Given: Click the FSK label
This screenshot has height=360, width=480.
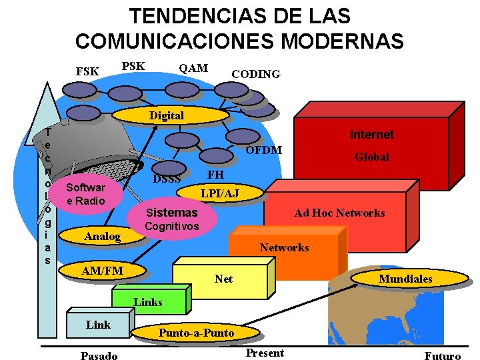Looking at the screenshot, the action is (x=87, y=71).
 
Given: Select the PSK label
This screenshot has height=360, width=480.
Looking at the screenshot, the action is (x=133, y=66).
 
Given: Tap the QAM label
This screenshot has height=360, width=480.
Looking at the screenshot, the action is (x=193, y=67).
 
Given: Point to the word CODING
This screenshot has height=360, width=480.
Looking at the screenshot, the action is (x=255, y=74).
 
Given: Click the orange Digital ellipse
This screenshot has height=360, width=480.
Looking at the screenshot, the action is (x=167, y=115).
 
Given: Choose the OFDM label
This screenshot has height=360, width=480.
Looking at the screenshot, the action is (x=263, y=149).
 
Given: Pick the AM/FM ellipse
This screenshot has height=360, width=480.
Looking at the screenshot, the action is (x=102, y=271).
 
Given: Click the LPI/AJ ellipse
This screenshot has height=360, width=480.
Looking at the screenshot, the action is (x=220, y=193).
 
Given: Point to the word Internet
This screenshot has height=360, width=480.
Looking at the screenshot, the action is (x=371, y=135).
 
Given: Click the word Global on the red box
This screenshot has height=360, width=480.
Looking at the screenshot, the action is (x=372, y=157).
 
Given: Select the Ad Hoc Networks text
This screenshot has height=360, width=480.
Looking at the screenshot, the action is (x=339, y=213).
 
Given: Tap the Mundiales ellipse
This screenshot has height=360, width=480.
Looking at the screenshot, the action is (x=405, y=279).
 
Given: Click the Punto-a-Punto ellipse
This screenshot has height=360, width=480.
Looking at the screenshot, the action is (x=196, y=332).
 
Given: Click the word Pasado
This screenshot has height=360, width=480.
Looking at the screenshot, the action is (x=99, y=355).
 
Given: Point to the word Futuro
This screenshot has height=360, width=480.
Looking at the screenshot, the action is (x=442, y=355).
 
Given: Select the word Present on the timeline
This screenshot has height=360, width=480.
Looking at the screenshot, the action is (x=265, y=353).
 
